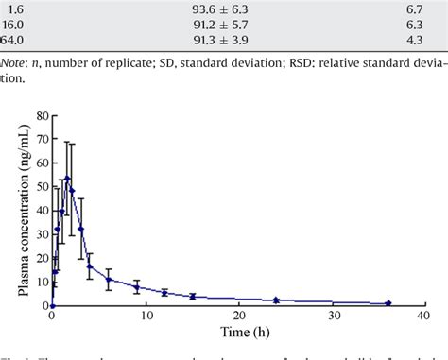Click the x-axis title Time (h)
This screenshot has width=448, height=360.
233,335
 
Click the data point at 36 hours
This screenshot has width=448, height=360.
388,303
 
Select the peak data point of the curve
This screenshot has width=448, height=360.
66,179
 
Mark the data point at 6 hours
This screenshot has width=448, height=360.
109,279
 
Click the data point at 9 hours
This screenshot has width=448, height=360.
137,286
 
